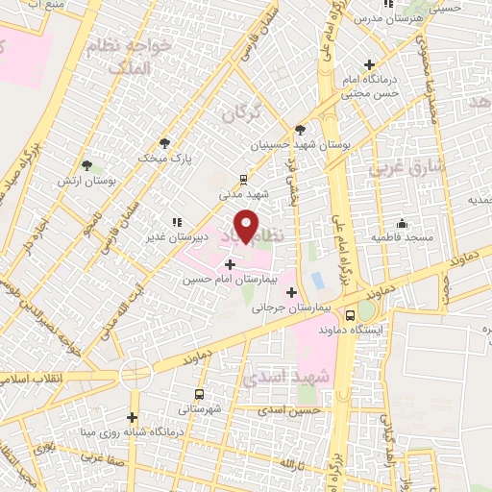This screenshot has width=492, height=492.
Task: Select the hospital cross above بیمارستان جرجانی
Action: click(291, 291)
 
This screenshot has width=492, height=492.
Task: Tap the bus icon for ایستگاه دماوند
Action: click(350, 313)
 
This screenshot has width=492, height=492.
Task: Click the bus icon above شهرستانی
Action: click(199, 394)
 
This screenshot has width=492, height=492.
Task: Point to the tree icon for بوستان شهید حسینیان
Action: click(301, 130)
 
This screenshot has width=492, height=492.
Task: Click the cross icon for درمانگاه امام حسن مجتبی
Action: click(369, 65)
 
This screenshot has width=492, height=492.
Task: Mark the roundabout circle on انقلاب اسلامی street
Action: click(135, 374)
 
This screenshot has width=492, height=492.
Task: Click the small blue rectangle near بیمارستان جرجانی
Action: click(317, 281)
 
